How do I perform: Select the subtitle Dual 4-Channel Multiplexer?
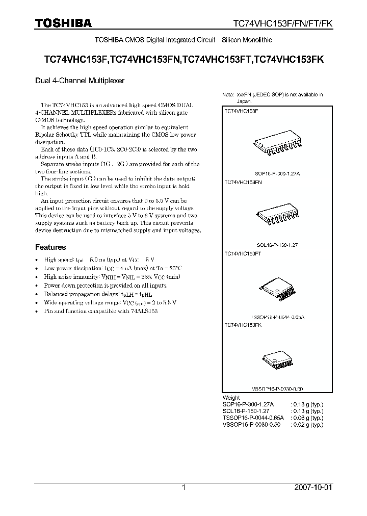pos(79,81)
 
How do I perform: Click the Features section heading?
pos(50,247)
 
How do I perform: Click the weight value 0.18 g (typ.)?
pos(307,404)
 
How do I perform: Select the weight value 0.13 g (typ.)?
pos(307,411)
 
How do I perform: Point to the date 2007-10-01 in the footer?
pos(328,487)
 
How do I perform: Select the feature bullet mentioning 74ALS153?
pos(100,311)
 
